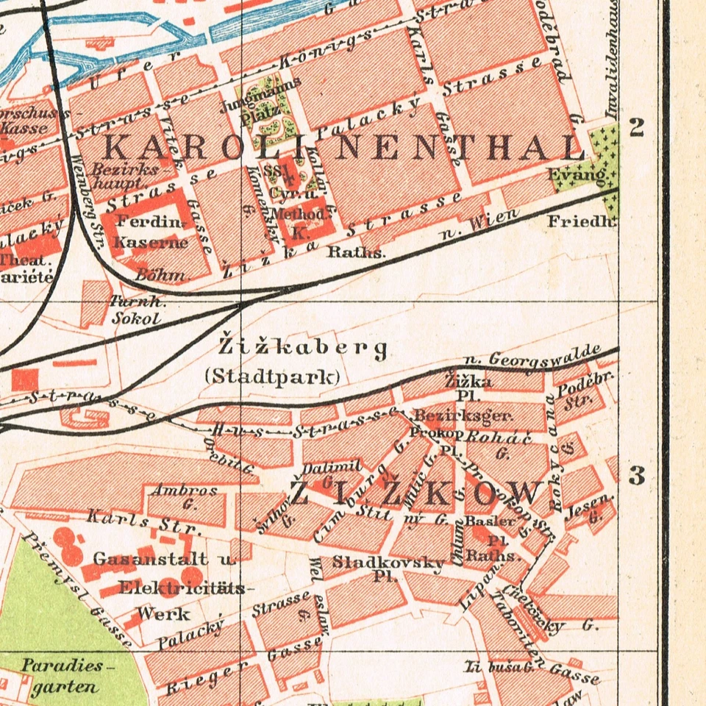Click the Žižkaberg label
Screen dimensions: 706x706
[x=303, y=346]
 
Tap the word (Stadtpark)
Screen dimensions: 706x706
[x=271, y=377]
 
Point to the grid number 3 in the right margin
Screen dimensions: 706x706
[x=637, y=476]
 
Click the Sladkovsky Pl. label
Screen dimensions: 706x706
[x=388, y=568]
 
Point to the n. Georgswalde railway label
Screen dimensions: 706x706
[x=533, y=356]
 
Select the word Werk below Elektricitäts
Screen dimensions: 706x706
[x=164, y=613]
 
